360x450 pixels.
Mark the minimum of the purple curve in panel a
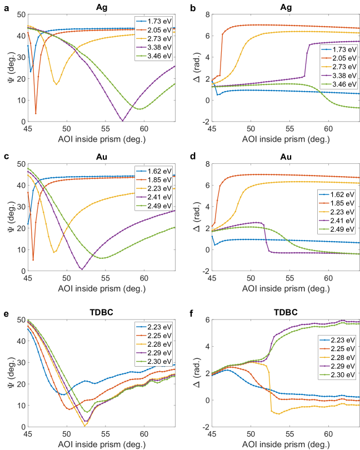[x=123, y=121]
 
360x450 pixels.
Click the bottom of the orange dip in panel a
[x=36, y=114]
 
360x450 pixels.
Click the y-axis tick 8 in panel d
[x=206, y=164]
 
